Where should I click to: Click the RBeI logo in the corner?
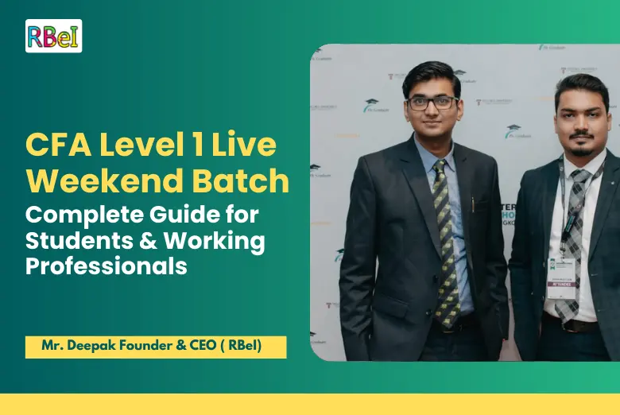pos(53,36)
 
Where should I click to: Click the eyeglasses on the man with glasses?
pos(432,103)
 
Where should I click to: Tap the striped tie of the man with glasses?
pos(444,239)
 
